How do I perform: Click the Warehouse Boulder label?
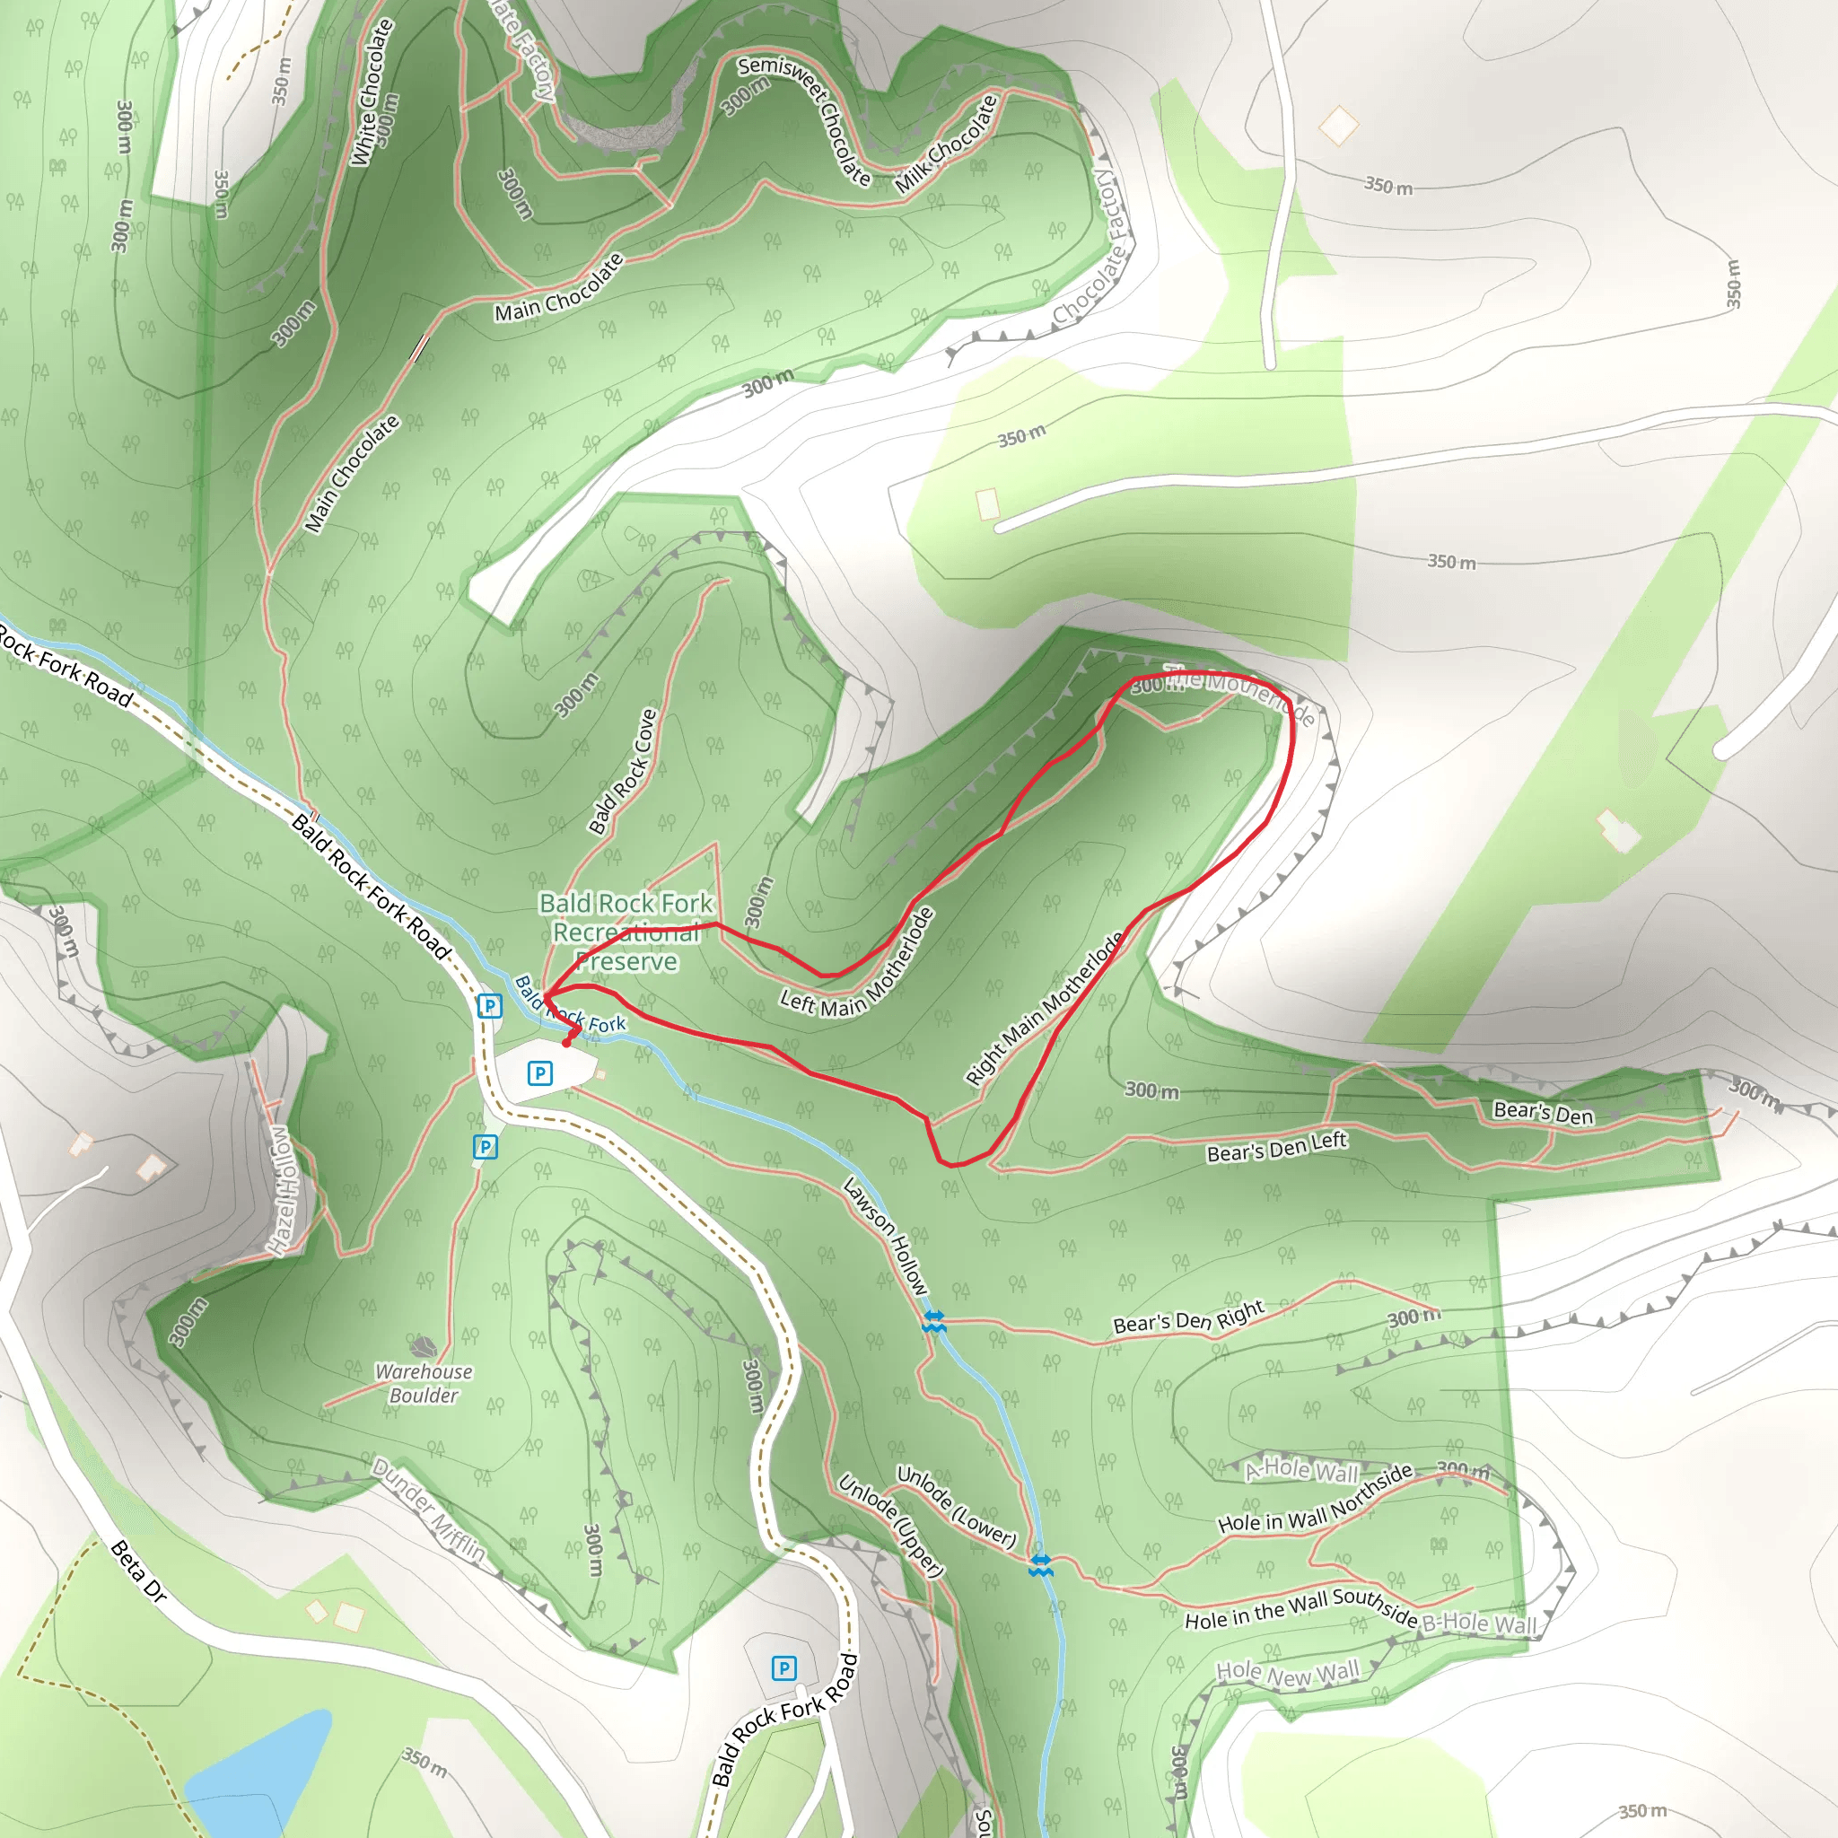[x=424, y=1383]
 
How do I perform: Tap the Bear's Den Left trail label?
[x=1277, y=1147]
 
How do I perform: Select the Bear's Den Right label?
[x=1188, y=1317]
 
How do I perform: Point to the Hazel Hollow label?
[x=282, y=1190]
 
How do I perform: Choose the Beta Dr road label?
[x=139, y=1571]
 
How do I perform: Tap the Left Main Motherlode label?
[x=858, y=965]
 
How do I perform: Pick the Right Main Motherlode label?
[x=1044, y=1009]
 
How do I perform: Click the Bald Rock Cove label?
[x=623, y=772]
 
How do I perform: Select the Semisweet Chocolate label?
[x=805, y=119]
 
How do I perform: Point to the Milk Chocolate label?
[x=947, y=144]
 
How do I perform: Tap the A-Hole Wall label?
[x=1302, y=1470]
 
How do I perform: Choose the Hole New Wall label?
[x=1288, y=1674]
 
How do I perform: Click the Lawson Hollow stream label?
[x=886, y=1236]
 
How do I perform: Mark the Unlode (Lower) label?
[x=956, y=1506]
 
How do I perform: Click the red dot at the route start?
[x=567, y=1043]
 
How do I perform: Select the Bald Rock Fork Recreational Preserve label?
[x=626, y=932]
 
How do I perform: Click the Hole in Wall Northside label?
[x=1316, y=1499]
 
